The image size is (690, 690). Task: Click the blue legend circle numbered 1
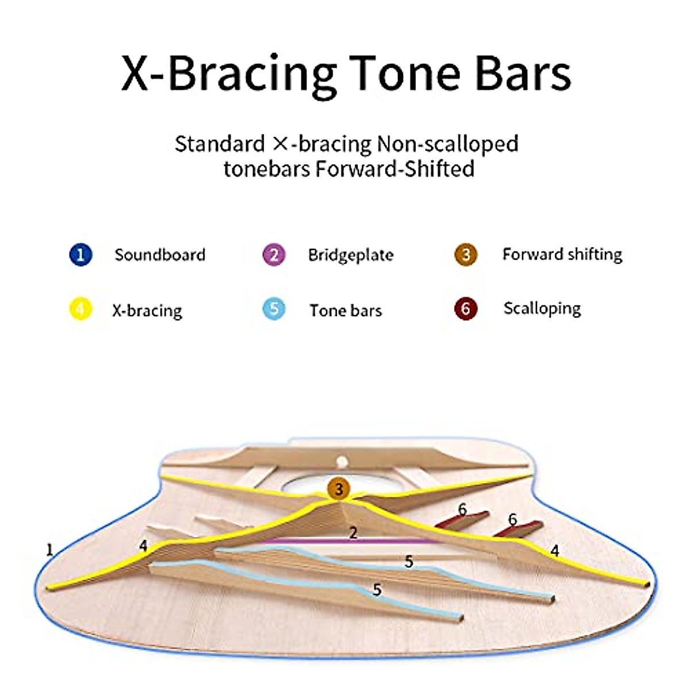coord(80,255)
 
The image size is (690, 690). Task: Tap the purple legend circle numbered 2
coord(274,255)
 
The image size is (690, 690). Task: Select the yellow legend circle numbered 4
coord(80,309)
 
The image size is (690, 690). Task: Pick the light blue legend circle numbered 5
coord(274,309)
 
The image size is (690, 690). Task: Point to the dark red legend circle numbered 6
coord(466,309)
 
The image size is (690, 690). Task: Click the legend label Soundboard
coord(160,255)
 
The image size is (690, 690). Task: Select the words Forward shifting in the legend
coord(562,255)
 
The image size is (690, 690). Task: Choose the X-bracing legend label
coord(147,310)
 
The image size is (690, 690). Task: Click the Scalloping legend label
coord(542,309)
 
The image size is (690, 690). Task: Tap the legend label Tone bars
coord(346,310)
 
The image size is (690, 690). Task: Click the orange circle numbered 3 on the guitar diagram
coord(338,489)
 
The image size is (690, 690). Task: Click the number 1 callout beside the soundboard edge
coord(50,550)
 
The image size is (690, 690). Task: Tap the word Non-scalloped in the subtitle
coord(447,144)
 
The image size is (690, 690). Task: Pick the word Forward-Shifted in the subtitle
coord(394,168)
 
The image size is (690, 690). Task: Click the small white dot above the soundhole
coord(342,462)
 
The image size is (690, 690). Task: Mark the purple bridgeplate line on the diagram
coord(352,540)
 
